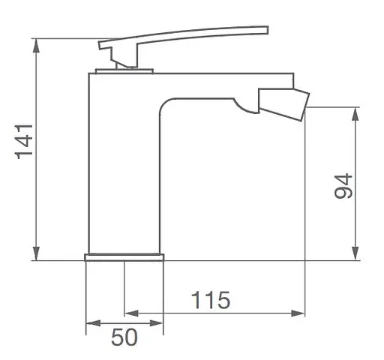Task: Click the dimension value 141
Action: click(24, 142)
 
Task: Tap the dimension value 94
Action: click(343, 186)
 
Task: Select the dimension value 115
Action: click(210, 300)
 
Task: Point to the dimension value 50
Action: click(124, 337)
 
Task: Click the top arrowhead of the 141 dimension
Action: click(37, 46)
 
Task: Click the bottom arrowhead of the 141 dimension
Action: click(37, 253)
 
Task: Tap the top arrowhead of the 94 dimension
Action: click(355, 114)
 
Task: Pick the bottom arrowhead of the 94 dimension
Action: click(355, 253)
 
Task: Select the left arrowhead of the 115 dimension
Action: click(131, 313)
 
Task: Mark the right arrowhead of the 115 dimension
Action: click(298, 313)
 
